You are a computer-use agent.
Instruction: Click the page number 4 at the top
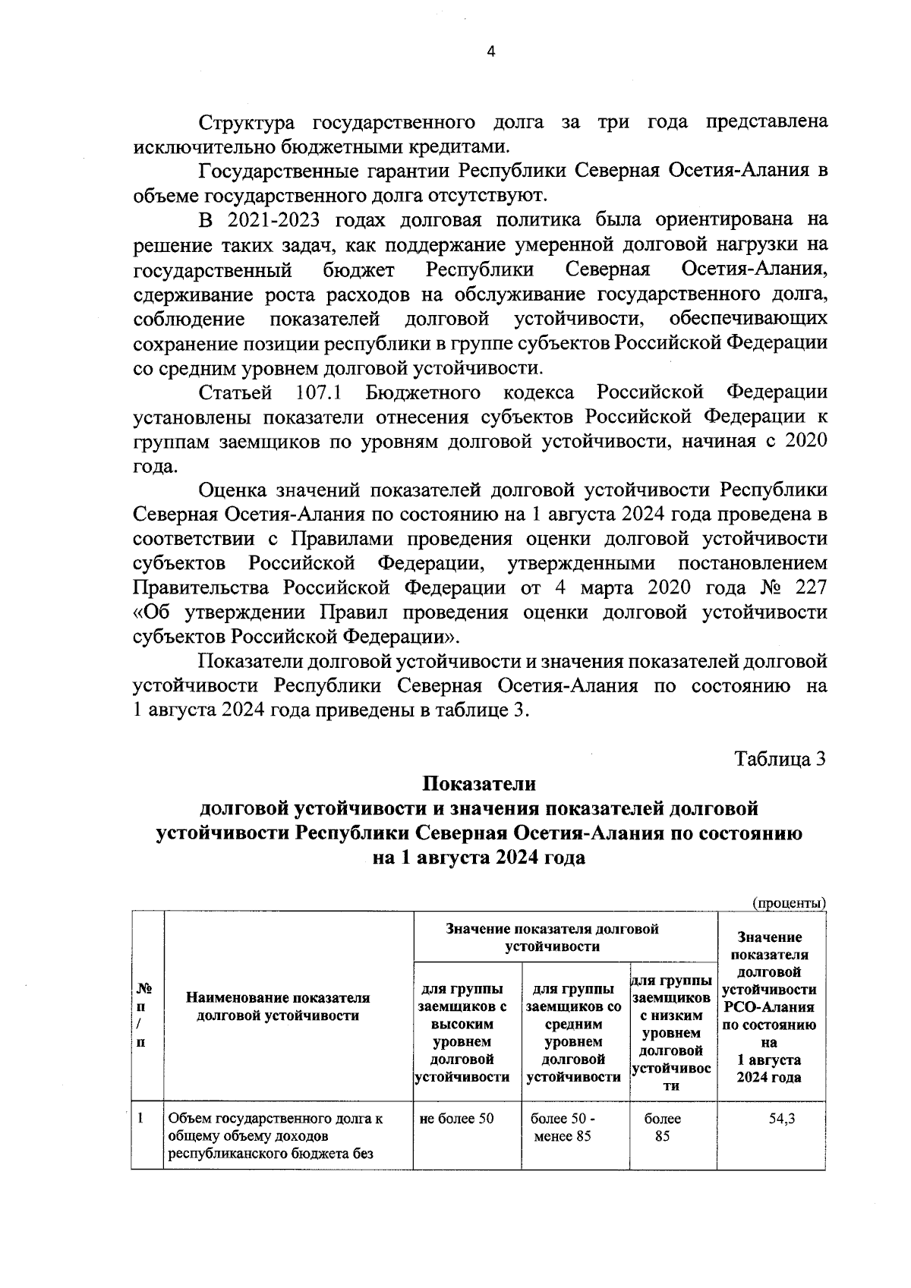click(x=490, y=52)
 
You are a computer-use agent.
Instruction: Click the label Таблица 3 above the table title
click(x=779, y=759)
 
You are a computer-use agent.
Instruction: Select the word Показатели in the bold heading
click(x=479, y=783)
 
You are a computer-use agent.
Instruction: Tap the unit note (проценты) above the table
click(x=789, y=903)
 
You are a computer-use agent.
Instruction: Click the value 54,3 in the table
click(x=782, y=1118)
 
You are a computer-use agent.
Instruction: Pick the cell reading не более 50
click(x=456, y=1119)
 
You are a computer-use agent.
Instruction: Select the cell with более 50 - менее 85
click(x=563, y=1127)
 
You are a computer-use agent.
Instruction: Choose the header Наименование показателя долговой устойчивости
click(x=278, y=1006)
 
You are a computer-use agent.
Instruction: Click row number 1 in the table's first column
click(x=140, y=1118)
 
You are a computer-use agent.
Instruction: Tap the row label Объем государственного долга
click(x=276, y=1118)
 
